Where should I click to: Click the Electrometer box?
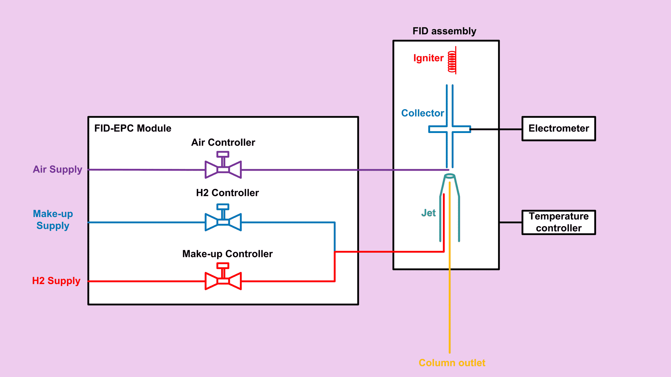559,129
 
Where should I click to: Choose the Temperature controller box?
559,222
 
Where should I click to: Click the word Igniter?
428,58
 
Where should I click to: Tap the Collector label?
423,113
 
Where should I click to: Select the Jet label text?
428,213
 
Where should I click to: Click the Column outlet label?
452,363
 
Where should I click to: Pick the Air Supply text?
57,169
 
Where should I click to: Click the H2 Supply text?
56,281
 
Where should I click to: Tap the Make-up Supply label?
53,220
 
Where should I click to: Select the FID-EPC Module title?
133,128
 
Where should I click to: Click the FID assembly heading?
444,31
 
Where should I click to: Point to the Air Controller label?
223,142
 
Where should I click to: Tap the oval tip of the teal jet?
450,176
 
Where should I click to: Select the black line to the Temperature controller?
511,222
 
